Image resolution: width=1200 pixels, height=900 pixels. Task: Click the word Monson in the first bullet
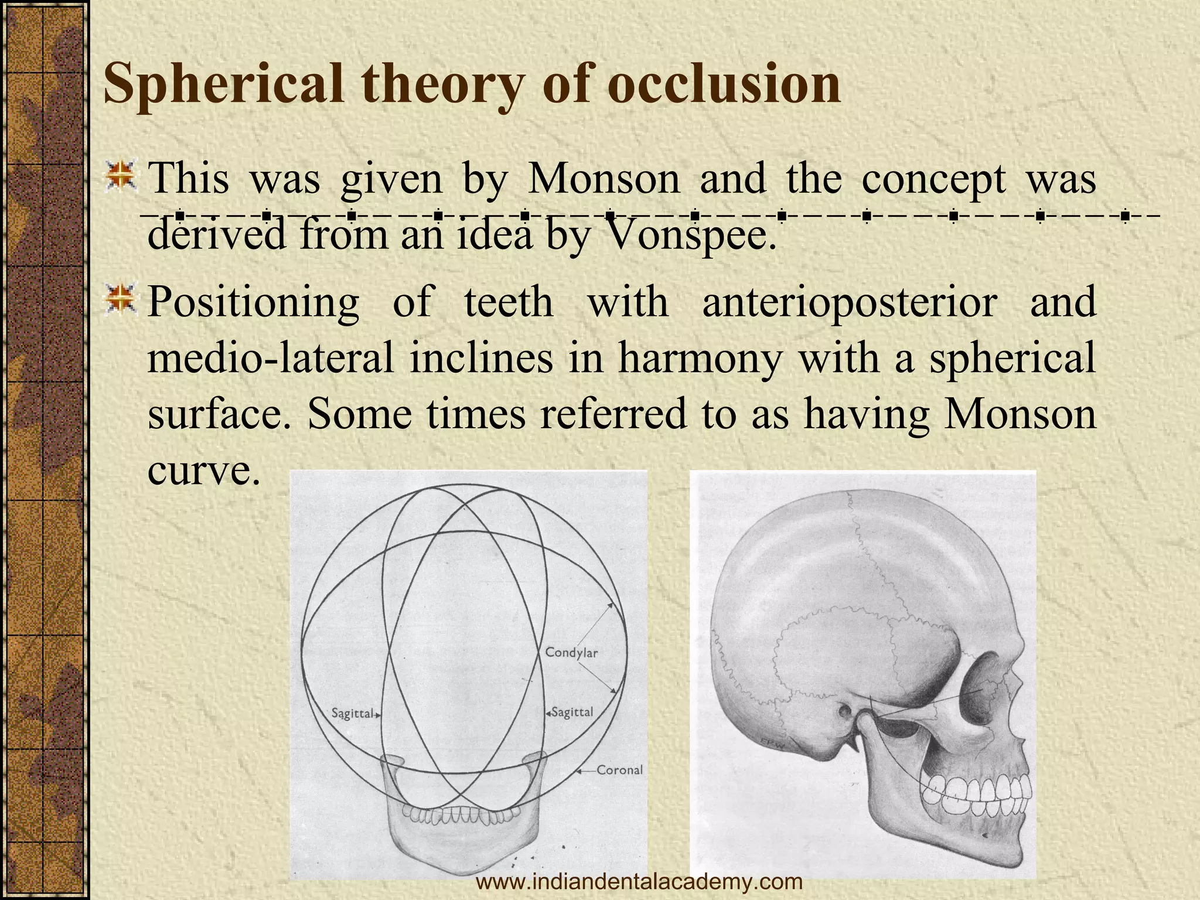pyautogui.click(x=604, y=179)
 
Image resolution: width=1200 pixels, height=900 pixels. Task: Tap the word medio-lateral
pyautogui.click(x=270, y=358)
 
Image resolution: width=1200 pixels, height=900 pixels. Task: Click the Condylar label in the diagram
pyautogui.click(x=571, y=652)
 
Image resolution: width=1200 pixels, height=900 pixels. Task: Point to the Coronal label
pyautogui.click(x=619, y=770)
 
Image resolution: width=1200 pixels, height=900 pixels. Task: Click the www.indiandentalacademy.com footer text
pyautogui.click(x=639, y=881)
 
